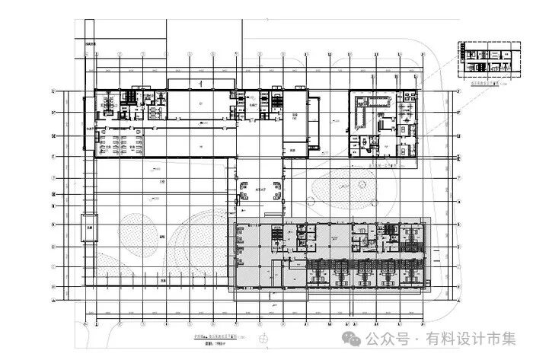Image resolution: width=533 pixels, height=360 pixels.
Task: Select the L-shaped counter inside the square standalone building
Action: coord(364,118)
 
